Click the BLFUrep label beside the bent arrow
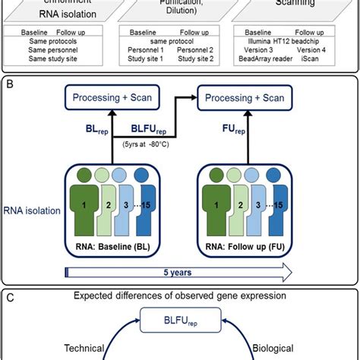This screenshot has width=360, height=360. coord(141,129)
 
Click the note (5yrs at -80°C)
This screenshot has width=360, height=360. coord(142,143)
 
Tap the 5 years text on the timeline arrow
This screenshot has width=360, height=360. coord(180,270)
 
